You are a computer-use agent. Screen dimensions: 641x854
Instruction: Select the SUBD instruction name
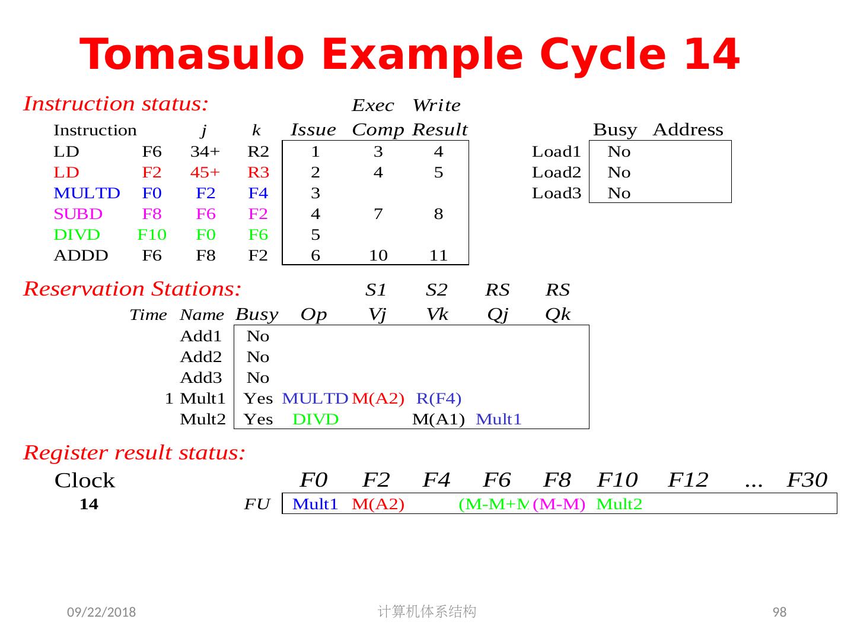point(78,214)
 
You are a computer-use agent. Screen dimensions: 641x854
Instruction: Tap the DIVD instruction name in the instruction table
point(77,234)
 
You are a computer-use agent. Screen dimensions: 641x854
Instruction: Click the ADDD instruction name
point(81,255)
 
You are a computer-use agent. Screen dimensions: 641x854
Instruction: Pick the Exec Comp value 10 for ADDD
point(378,255)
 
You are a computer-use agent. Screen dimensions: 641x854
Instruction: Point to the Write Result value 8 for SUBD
point(438,214)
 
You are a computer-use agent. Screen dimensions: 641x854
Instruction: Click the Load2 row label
point(556,172)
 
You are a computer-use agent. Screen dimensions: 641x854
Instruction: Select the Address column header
point(687,129)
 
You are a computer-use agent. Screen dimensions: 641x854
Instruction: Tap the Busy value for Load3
point(619,193)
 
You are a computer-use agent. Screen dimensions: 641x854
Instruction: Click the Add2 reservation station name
point(200,357)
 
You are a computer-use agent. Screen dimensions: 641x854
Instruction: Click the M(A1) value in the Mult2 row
point(438,419)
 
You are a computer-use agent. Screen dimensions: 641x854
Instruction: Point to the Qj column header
point(498,314)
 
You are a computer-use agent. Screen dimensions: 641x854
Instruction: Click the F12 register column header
point(688,479)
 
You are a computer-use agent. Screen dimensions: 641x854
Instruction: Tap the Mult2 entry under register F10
point(619,504)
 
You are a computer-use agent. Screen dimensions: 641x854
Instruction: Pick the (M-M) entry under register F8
point(559,504)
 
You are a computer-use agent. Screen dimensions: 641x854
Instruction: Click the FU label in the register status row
point(257,504)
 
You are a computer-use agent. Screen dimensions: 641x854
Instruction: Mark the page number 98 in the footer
point(779,612)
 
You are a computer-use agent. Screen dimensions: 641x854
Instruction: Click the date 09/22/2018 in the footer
point(101,612)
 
